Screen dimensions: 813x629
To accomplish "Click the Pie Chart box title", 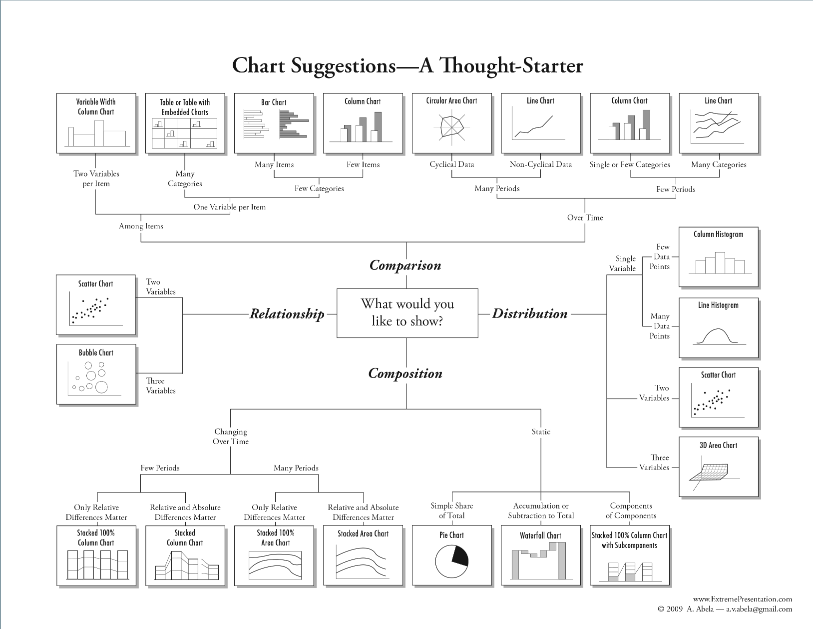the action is coord(451,535).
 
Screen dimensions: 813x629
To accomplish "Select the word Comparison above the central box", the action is coord(405,265).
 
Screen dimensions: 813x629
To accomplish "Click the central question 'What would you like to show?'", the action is coord(407,312).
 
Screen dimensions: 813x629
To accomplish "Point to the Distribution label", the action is coord(530,313).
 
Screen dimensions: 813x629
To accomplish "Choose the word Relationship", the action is coord(287,314).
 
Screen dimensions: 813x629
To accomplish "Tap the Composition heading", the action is coord(405,373).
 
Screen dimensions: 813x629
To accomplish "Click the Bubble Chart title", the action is coord(96,352).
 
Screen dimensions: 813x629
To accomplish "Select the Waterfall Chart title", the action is coord(541,535).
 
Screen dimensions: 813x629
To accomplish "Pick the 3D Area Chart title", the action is coord(718,445).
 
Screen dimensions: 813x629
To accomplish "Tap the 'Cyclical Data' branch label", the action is coord(451,164).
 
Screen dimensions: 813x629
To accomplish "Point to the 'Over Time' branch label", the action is coord(585,217).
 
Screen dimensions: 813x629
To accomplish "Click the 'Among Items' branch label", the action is coord(141,226).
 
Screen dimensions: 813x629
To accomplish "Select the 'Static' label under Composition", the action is coord(541,431).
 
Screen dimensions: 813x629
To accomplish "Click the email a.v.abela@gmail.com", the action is coord(759,609).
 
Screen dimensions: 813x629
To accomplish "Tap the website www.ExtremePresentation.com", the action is coord(743,599).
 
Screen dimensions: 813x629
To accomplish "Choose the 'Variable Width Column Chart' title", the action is coord(96,107).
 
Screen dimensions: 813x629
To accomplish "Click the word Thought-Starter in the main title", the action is coord(511,65).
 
